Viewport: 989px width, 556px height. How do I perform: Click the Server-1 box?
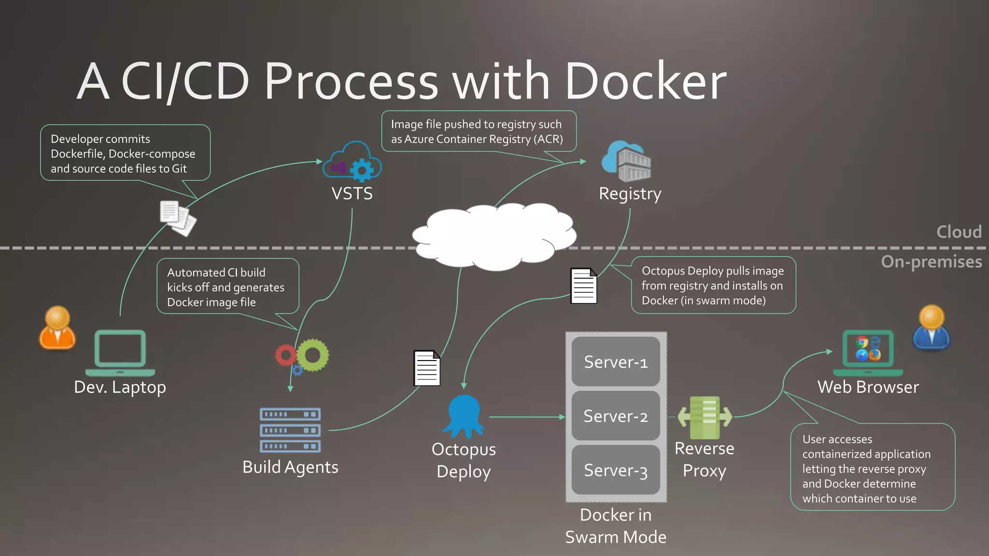pos(616,361)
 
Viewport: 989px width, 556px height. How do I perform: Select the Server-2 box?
pos(616,416)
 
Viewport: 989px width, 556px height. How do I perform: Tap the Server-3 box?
pos(616,470)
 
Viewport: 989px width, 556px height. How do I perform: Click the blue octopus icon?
pos(464,415)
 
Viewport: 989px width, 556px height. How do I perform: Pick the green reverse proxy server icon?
pos(705,417)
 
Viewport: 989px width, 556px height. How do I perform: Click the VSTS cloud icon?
pos(352,161)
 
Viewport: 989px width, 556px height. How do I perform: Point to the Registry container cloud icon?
pos(626,161)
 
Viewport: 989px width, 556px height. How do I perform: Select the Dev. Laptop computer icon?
pos(120,353)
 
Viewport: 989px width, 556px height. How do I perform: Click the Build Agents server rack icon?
pos(290,430)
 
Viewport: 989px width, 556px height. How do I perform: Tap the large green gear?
pos(313,355)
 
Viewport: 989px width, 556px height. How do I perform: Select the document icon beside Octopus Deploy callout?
pos(584,286)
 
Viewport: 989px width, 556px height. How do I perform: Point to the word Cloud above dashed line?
pos(959,232)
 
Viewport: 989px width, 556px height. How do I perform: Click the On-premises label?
pos(932,262)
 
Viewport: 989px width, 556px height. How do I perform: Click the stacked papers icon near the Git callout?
pos(178,218)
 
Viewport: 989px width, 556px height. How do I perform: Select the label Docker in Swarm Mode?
pos(616,526)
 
